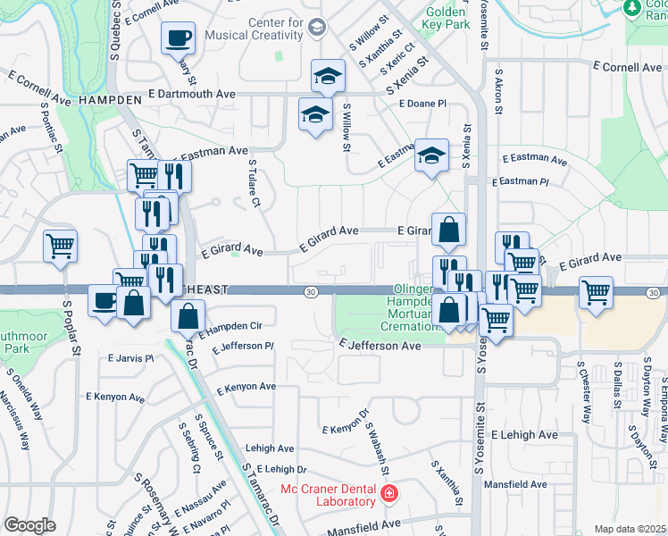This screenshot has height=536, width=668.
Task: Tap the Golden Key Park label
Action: [447, 19]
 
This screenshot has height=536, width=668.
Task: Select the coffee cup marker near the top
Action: [177, 38]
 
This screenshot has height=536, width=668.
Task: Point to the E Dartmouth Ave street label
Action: [192, 93]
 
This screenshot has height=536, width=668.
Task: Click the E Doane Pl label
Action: [422, 104]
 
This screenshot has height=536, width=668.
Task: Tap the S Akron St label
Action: [498, 90]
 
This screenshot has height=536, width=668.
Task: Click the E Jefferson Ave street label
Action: [380, 345]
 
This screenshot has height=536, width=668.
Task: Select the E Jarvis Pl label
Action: [130, 358]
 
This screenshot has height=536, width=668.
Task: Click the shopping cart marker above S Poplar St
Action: [61, 245]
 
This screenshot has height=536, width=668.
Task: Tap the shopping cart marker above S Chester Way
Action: [596, 291]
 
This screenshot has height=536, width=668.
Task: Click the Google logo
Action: [29, 525]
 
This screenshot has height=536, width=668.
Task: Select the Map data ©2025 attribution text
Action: [630, 529]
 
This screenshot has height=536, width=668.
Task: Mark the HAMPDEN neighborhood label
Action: [111, 99]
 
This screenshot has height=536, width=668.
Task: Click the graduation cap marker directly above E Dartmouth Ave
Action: [328, 77]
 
